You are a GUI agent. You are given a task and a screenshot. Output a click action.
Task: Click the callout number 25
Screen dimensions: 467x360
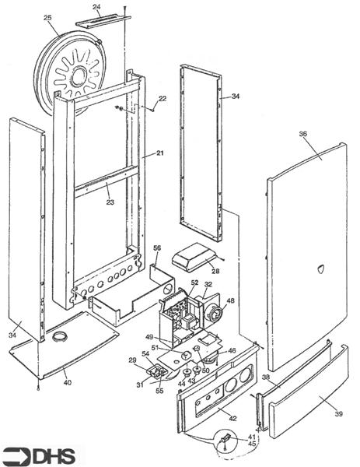(47, 18)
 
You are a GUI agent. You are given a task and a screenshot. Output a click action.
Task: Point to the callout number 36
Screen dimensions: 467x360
(303, 134)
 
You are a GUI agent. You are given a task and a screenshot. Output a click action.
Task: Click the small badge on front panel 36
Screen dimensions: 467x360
(323, 269)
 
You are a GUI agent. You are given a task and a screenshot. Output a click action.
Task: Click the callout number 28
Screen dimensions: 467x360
(215, 270)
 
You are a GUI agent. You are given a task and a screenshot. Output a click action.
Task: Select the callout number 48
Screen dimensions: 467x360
(230, 300)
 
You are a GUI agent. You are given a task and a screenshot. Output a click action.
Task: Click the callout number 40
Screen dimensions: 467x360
(67, 383)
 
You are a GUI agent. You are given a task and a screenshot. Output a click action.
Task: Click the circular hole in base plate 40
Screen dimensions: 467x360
(58, 336)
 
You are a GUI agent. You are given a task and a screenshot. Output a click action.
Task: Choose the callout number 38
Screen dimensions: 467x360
(266, 377)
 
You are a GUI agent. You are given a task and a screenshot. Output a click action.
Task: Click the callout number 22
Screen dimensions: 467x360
(163, 99)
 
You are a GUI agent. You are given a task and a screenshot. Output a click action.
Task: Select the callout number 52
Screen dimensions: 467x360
(194, 283)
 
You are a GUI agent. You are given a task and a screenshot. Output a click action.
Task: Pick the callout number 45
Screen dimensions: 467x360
(251, 444)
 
